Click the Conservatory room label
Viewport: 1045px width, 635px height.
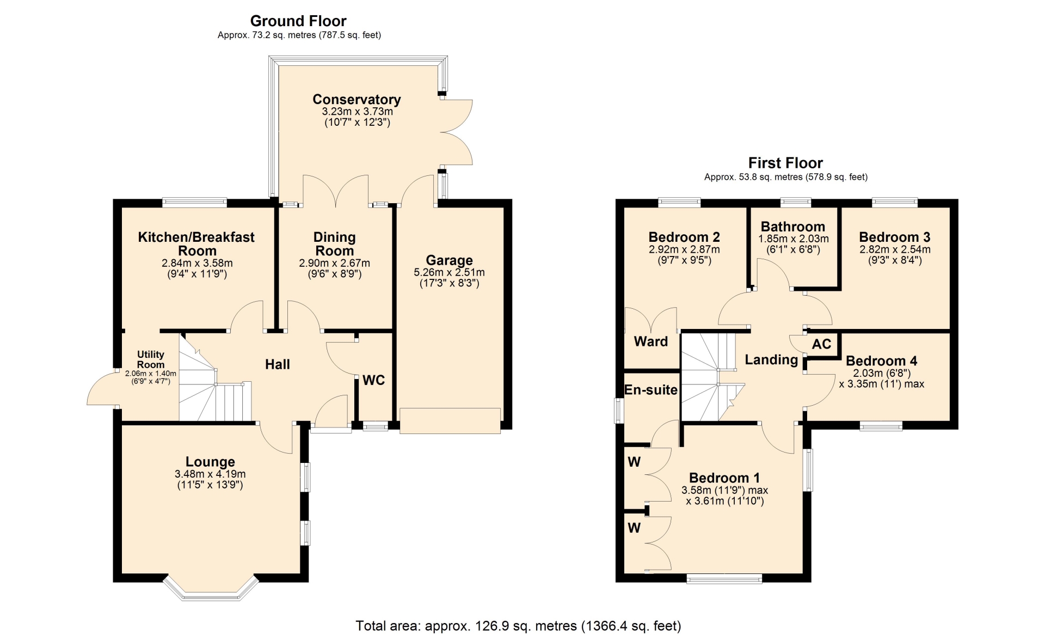356,100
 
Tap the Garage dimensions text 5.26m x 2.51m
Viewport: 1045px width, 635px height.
449,272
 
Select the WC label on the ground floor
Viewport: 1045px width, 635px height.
374,380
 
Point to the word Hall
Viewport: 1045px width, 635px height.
278,364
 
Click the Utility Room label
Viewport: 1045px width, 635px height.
151,359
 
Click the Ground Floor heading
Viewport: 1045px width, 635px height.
298,21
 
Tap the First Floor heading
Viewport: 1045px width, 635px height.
785,163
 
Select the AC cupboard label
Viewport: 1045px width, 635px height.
821,344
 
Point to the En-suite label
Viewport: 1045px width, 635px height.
651,390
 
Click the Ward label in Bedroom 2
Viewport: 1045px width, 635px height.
651,341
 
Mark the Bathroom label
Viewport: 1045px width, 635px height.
793,227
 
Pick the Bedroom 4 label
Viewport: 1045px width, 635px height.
882,361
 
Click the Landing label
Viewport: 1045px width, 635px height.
771,360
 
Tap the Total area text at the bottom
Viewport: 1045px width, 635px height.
518,626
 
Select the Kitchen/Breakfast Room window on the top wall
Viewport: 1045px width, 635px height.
194,203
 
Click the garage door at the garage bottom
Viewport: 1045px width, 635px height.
450,421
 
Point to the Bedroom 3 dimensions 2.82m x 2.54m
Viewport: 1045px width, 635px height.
895,249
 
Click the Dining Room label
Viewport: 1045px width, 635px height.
335,244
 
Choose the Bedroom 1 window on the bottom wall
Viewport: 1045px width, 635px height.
724,578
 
